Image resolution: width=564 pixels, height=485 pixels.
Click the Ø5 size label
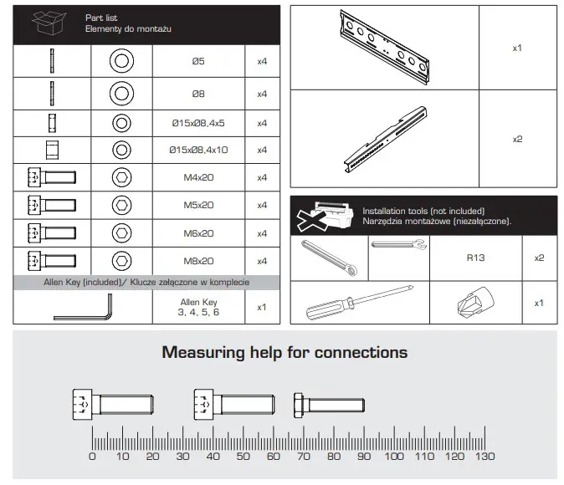[198, 61]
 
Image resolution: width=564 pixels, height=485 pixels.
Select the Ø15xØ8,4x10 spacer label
[198, 150]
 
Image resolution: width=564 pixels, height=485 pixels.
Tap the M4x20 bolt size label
[198, 177]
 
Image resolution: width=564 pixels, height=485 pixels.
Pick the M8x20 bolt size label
[198, 261]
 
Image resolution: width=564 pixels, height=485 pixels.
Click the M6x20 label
[198, 233]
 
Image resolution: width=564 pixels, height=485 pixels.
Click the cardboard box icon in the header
[49, 23]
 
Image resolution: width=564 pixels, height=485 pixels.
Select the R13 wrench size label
[475, 258]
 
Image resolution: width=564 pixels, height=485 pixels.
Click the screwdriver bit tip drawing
[475, 301]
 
